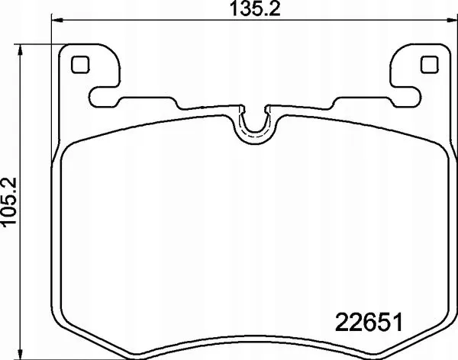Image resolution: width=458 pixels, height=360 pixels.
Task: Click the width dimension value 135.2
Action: (255, 8)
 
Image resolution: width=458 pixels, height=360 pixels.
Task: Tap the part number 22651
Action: (369, 322)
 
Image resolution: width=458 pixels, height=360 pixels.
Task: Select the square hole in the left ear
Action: (80, 65)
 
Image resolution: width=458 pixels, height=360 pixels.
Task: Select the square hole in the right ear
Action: (429, 65)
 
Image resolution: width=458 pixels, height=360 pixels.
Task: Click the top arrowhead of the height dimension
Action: (20, 50)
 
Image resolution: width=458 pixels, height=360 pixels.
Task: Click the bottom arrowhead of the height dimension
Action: (20, 354)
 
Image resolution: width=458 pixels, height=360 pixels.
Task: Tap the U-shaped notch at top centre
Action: (254, 137)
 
